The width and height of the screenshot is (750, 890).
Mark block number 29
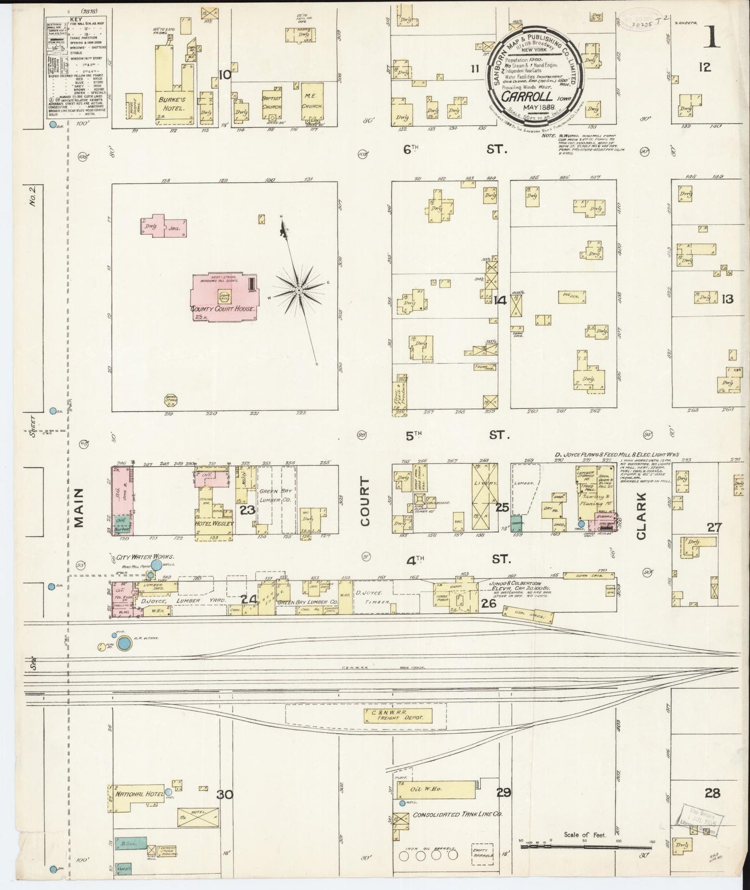(x=503, y=793)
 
